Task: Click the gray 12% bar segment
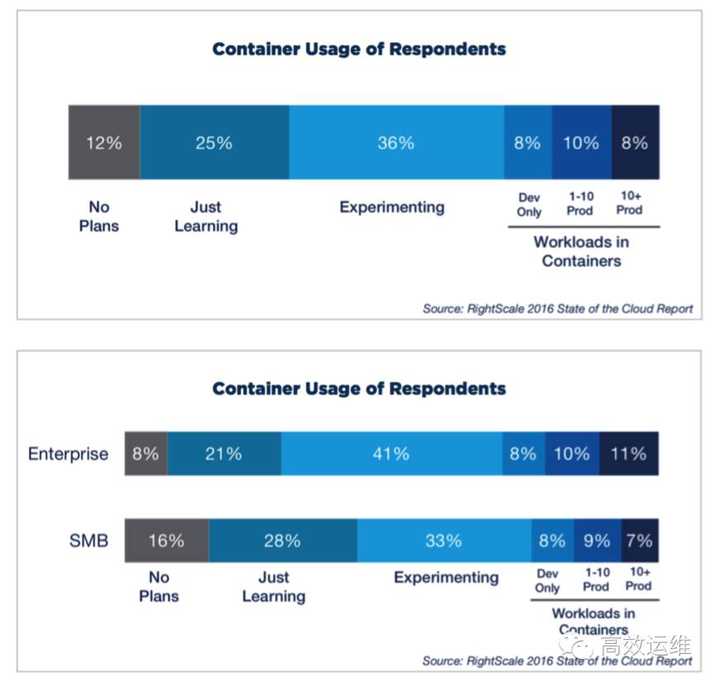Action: pos(104,142)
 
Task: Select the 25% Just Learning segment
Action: pos(214,142)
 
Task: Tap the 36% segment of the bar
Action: pos(396,142)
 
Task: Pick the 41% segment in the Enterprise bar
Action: pos(391,453)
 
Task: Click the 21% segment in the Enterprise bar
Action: pos(224,453)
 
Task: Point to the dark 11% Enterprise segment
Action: pos(628,453)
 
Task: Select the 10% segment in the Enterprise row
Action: pos(572,453)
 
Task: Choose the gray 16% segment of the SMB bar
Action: pos(166,541)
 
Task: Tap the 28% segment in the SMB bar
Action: pos(283,541)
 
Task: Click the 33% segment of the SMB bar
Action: pos(444,541)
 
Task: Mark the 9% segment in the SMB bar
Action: pos(597,541)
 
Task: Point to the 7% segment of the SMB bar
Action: pos(639,541)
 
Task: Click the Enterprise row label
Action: pos(68,454)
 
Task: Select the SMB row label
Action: pos(88,541)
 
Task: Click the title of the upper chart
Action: pos(359,49)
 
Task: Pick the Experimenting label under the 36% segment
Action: pos(392,207)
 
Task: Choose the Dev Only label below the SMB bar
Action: pos(547,580)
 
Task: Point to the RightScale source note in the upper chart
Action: pos(557,308)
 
